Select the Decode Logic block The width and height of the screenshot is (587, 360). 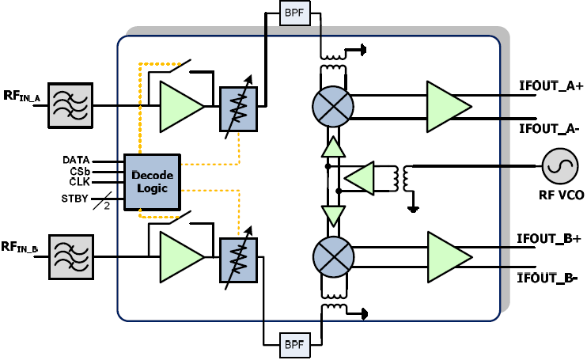coord(152,181)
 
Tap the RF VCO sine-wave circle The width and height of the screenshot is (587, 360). coord(557,167)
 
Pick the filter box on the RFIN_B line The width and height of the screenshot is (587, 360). coord(70,256)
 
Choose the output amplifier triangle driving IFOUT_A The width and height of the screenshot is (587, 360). coord(446,106)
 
